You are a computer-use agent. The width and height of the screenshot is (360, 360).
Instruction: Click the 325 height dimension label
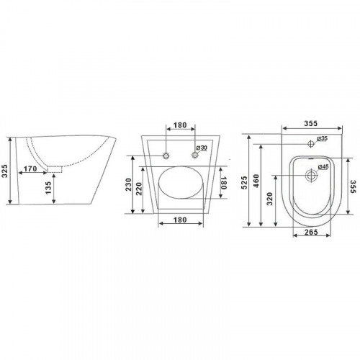5,171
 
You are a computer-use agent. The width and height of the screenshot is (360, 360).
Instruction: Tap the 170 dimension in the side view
30,168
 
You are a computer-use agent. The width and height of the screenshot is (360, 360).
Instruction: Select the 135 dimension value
48,188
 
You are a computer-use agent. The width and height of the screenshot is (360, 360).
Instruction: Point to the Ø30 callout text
202,148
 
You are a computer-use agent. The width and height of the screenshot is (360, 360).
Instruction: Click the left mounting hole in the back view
166,156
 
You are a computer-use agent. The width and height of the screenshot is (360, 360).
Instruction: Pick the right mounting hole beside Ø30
195,155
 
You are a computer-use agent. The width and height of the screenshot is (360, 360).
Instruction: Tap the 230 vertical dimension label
129,184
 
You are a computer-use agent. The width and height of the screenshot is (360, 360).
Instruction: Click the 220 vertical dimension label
139,189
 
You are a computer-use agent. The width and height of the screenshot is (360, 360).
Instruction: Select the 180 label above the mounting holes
180,125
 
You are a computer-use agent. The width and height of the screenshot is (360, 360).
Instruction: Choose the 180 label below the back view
180,220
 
